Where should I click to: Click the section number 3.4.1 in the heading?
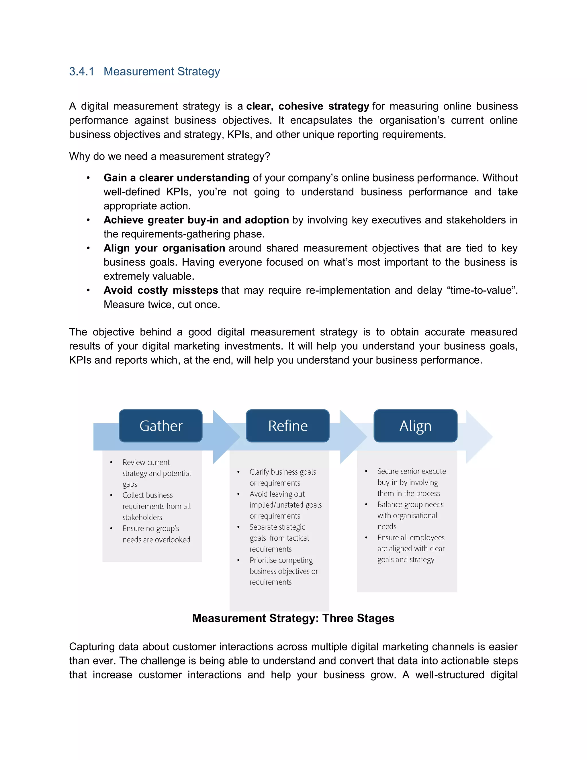[81, 71]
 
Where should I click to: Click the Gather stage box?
[161, 426]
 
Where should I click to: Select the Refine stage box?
[287, 426]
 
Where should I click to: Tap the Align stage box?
[415, 426]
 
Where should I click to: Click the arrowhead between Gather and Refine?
[225, 437]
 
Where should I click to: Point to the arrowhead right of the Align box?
[478, 437]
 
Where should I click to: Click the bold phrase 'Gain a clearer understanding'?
[176, 178]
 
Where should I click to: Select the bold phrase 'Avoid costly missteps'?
[161, 290]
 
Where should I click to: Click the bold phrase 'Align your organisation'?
[164, 248]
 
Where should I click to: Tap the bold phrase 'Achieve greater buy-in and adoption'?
[196, 220]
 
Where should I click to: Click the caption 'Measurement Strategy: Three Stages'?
[293, 618]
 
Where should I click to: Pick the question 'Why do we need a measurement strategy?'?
[169, 156]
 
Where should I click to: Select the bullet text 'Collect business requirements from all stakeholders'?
[156, 506]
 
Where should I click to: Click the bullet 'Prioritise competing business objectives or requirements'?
[283, 571]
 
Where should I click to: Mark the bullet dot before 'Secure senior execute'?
[366, 471]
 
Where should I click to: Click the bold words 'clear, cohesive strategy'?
[308, 106]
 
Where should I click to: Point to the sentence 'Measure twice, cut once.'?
[162, 305]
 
